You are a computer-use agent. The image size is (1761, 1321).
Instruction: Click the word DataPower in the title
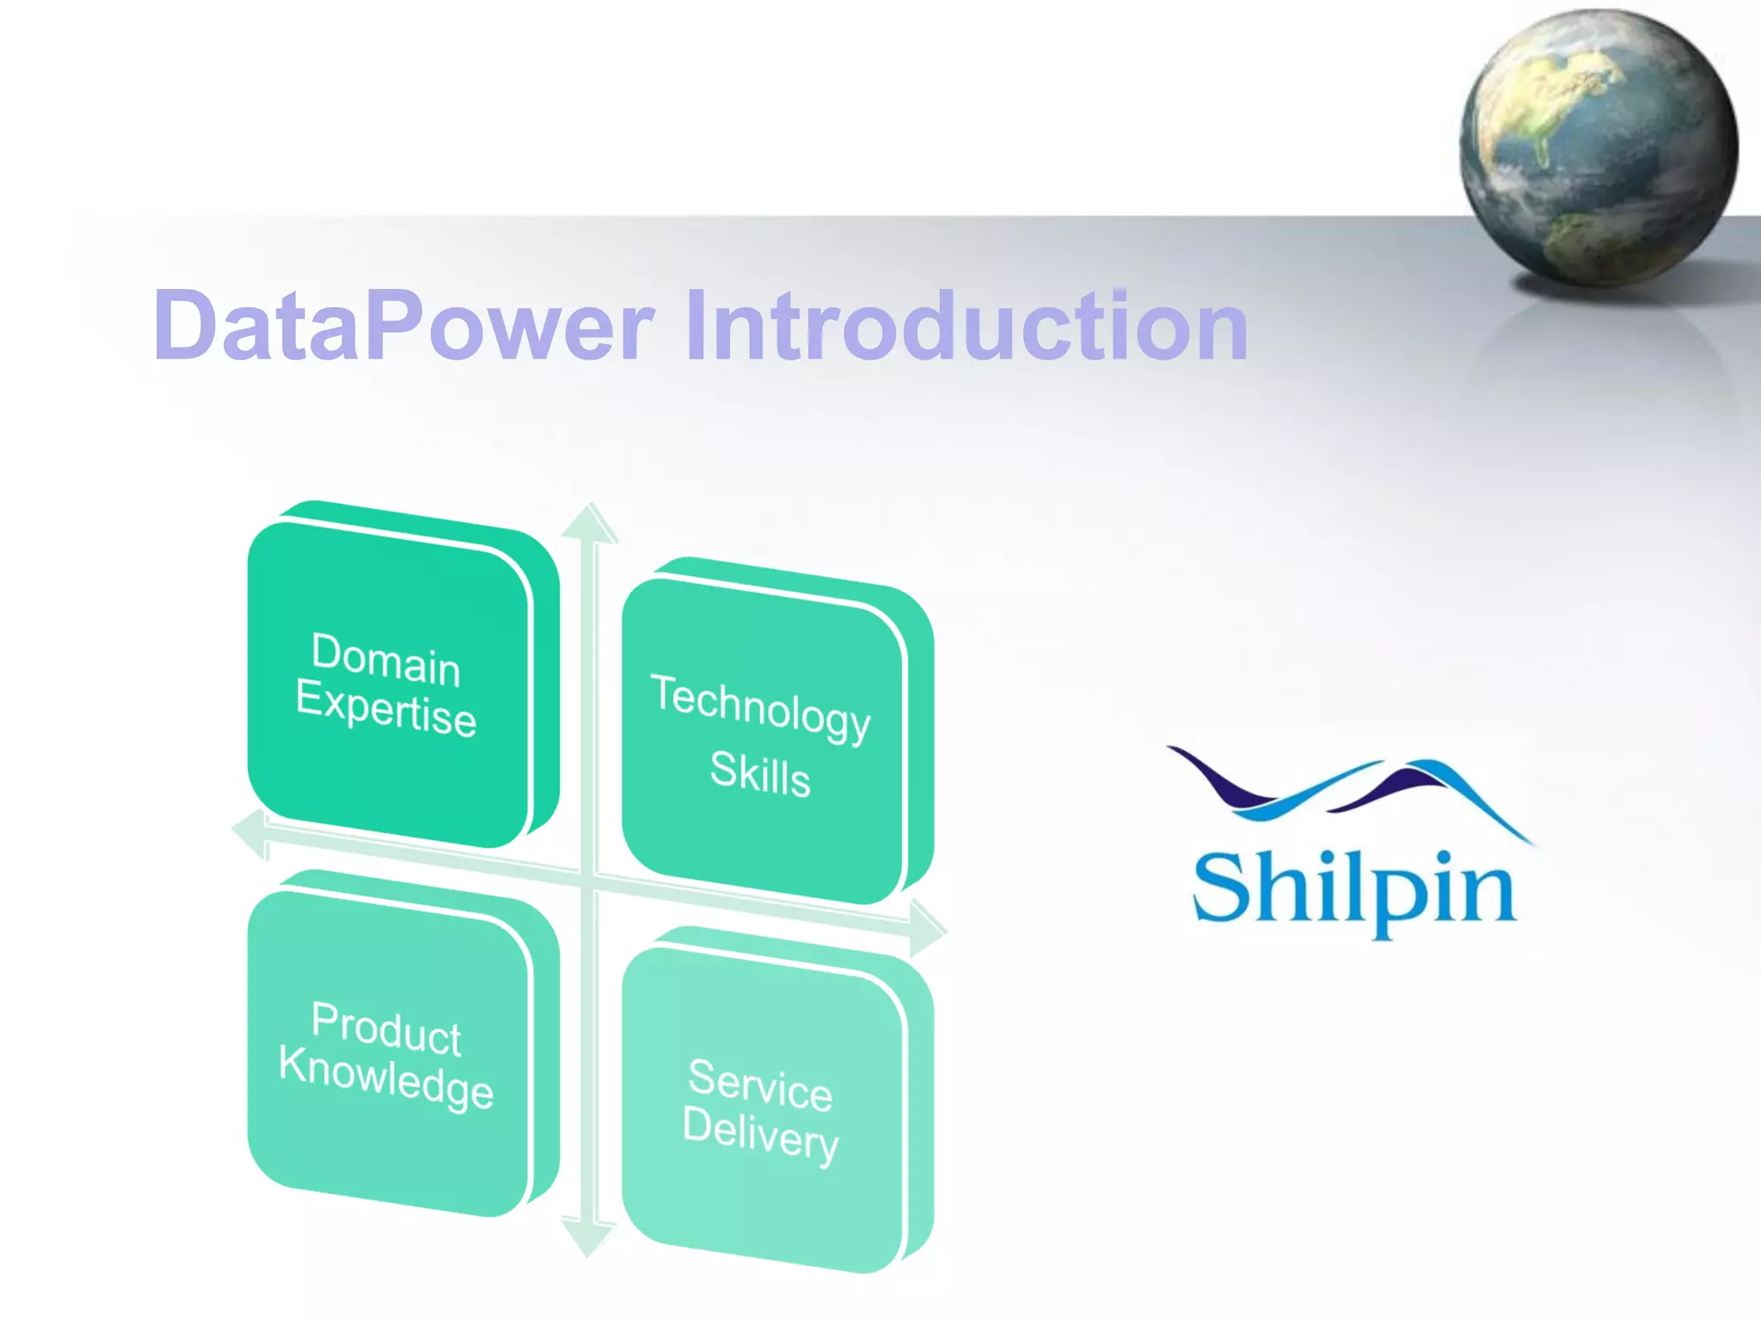tap(404, 326)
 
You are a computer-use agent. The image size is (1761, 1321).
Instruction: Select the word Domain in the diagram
tap(386, 660)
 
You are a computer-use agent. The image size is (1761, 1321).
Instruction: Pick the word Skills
tap(760, 772)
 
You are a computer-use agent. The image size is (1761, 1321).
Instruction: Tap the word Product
tap(386, 1029)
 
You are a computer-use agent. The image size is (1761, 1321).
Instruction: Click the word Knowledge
tap(386, 1078)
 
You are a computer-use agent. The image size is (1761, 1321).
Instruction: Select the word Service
tap(760, 1084)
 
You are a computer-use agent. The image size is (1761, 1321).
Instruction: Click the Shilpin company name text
tap(1353, 890)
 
